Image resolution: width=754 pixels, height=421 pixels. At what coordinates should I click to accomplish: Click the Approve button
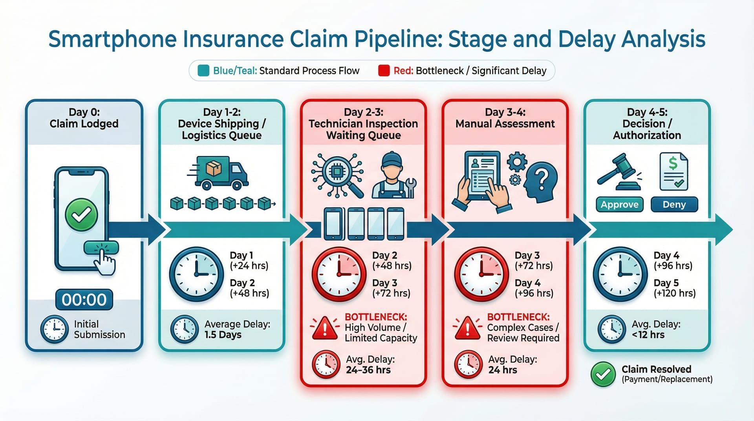[619, 205]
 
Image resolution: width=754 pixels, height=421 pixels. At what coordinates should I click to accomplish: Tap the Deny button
[674, 205]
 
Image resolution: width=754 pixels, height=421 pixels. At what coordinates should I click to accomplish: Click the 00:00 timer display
[84, 300]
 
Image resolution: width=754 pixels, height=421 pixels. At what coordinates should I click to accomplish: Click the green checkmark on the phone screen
[81, 214]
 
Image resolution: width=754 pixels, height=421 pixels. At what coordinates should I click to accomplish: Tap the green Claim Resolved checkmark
[603, 374]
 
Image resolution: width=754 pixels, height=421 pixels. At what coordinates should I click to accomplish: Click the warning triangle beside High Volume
[325, 328]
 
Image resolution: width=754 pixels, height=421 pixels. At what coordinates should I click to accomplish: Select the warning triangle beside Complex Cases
[467, 328]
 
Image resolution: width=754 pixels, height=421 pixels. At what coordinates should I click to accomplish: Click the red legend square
[383, 71]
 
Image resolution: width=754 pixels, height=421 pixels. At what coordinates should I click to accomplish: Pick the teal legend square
[203, 71]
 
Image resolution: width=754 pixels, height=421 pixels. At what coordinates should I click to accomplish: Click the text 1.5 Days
[223, 335]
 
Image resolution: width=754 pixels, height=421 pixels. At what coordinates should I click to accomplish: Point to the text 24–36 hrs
[368, 370]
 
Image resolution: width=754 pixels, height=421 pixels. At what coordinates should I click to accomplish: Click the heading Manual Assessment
[505, 124]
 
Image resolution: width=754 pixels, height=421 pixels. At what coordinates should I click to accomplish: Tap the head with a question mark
[541, 183]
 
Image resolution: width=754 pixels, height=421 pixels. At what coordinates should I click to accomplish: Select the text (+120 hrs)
[674, 293]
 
